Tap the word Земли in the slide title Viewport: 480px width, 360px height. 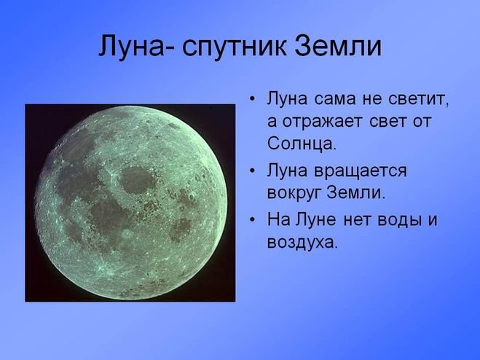[x=338, y=46]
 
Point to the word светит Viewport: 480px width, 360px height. [x=419, y=99]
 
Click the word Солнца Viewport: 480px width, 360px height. [x=302, y=143]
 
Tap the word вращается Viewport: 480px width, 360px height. [x=361, y=171]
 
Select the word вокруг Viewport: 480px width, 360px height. [x=294, y=193]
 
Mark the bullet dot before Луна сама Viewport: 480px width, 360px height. [x=252, y=100]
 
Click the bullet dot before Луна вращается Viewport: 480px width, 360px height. [x=252, y=171]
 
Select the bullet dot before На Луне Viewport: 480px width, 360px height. [x=252, y=219]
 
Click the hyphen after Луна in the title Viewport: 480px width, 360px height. [x=170, y=49]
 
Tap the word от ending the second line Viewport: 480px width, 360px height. [x=422, y=121]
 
